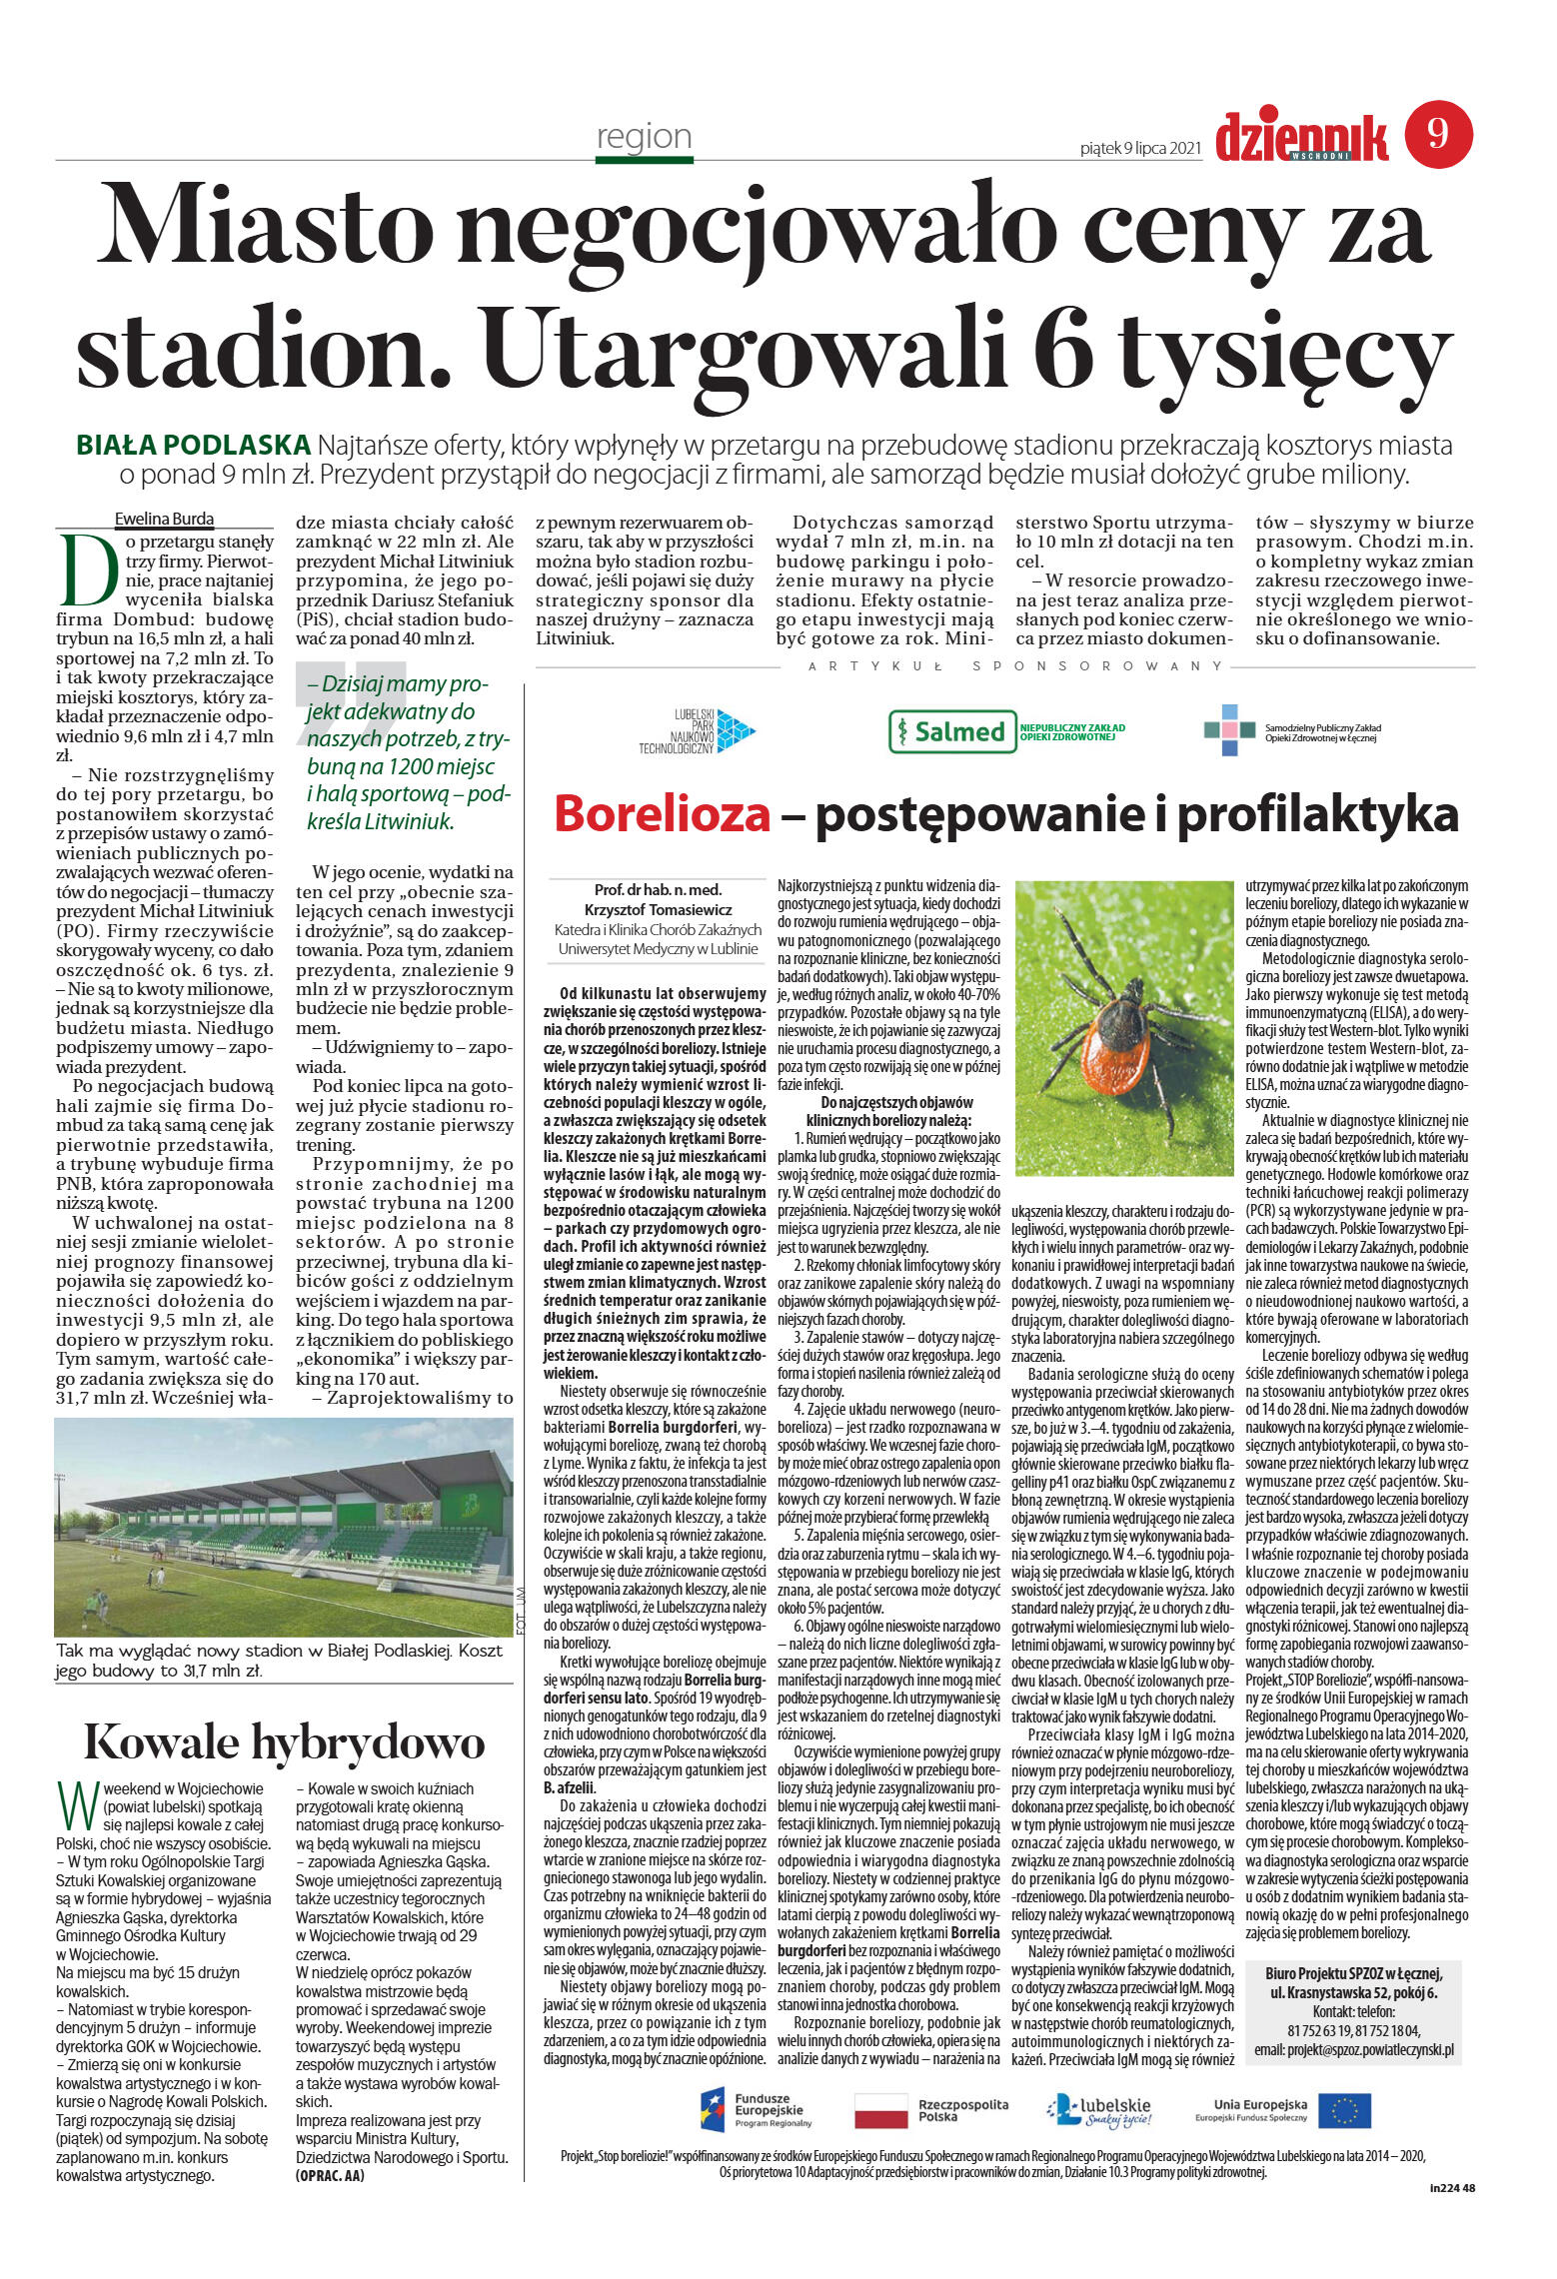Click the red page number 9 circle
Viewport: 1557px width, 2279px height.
[1438, 134]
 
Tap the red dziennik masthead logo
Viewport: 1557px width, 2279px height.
[1301, 137]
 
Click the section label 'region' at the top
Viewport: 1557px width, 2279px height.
[644, 136]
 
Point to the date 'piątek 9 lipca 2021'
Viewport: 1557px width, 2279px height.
[1140, 148]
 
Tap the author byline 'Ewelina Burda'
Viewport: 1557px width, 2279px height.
[164, 519]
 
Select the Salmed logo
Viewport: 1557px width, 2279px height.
[948, 731]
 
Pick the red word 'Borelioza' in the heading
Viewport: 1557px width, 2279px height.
[663, 813]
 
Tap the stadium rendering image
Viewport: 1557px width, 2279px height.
[284, 1527]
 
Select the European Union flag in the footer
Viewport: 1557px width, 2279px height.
[1343, 2109]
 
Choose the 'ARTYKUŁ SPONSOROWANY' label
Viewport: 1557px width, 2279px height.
[1015, 665]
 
